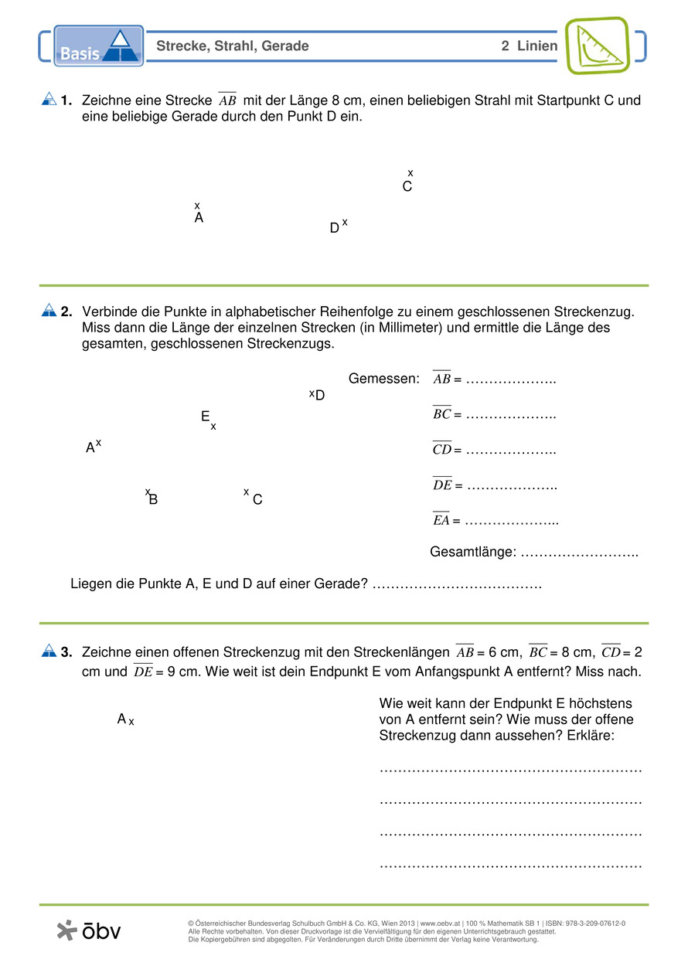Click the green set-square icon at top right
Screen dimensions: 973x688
598,45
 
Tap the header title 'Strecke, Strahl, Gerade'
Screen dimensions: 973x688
233,46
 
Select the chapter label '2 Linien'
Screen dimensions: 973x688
529,46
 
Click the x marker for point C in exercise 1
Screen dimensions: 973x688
410,173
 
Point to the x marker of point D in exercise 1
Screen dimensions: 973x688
345,223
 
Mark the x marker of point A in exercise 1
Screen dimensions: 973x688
197,206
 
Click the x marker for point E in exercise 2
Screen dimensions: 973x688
213,427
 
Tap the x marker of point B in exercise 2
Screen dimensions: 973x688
147,492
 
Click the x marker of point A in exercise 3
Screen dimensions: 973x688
131,722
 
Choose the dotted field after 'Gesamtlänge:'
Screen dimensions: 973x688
579,553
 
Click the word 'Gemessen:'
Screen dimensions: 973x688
383,379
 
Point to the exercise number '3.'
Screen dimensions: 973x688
66,652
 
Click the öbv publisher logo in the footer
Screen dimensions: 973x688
89,930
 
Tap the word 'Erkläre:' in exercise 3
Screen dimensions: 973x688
590,735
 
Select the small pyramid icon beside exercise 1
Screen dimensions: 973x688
48,100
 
